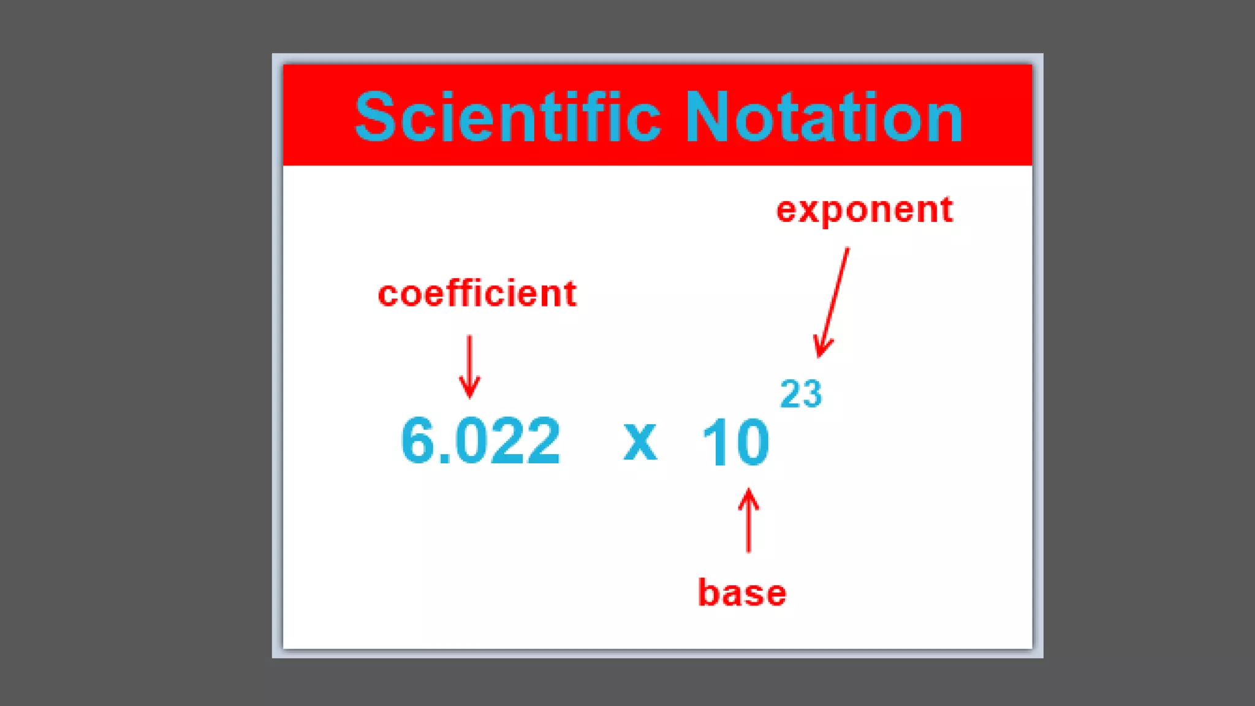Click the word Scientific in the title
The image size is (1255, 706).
507,116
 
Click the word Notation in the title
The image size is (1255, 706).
823,116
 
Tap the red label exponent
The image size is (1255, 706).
864,210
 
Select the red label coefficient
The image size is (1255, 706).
477,294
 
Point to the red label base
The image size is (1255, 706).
741,593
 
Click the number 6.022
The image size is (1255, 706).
480,441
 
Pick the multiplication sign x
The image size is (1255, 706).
640,441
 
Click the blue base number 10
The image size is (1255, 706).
735,442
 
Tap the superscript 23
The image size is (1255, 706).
800,394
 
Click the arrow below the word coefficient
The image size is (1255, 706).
469,366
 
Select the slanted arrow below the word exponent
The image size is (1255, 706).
833,302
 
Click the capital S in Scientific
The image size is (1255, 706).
374,116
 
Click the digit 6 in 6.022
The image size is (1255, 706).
417,440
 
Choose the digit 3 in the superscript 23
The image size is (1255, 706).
811,394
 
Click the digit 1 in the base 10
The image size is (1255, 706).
712,442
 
